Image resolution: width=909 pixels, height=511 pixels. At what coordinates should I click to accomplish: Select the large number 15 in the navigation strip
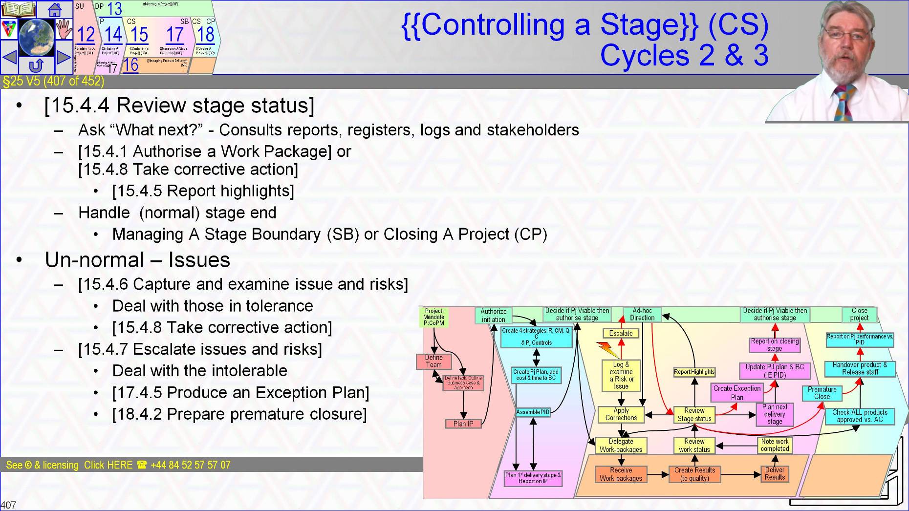[x=139, y=35]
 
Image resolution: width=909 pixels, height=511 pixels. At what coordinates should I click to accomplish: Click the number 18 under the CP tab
[x=206, y=35]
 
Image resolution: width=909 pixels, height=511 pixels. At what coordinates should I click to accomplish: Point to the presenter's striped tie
[x=844, y=103]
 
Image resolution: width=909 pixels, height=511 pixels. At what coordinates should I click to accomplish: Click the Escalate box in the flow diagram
[x=621, y=333]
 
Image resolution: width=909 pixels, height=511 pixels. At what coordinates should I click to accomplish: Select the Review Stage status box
[x=694, y=414]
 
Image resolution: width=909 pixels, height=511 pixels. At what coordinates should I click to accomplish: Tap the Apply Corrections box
[x=621, y=414]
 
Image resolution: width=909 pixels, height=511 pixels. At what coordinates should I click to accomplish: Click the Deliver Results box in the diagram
[x=775, y=473]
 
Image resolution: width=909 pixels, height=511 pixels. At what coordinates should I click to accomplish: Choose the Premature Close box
[x=822, y=393]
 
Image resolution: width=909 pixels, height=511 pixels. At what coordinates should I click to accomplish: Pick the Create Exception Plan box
[x=736, y=393]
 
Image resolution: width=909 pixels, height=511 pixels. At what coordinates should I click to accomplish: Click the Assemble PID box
[x=533, y=412]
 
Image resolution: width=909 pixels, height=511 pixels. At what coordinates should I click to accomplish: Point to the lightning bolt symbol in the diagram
[x=607, y=350]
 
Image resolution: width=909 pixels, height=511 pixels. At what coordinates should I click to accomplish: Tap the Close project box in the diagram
[x=859, y=314]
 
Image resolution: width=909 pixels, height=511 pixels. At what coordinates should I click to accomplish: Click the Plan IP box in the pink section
[x=463, y=424]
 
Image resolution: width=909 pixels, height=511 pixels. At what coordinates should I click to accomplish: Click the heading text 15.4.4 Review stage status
[x=179, y=106]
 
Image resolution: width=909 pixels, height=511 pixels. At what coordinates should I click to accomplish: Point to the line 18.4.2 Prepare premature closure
[x=239, y=414]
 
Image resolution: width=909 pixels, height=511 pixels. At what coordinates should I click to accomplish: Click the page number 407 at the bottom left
[x=9, y=505]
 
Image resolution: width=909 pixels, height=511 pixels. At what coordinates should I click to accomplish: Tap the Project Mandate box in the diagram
[x=433, y=317]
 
